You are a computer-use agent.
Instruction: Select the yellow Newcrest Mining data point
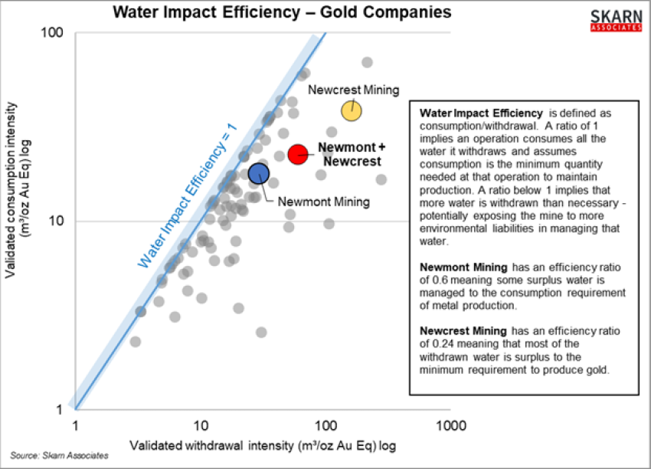click(x=352, y=110)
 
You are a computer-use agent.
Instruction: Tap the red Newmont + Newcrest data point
click(x=298, y=154)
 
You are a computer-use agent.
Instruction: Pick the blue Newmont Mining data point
click(x=259, y=173)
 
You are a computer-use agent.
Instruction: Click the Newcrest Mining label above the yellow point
click(x=354, y=90)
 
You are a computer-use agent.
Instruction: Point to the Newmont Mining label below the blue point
click(x=324, y=202)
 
